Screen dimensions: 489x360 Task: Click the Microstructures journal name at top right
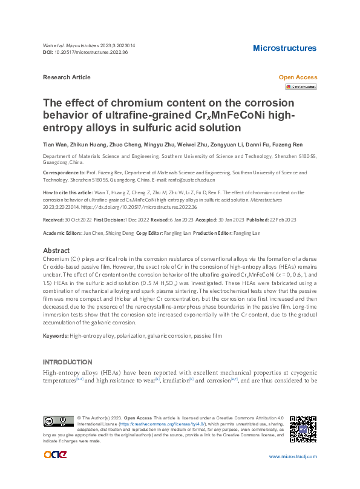point(284,48)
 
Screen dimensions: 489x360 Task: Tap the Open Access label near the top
point(297,77)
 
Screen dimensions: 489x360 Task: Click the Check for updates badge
point(301,87)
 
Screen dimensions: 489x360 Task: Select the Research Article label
point(67,77)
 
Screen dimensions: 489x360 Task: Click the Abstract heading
point(57,251)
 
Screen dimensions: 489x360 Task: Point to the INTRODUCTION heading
point(68,362)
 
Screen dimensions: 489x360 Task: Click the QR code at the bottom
point(303,429)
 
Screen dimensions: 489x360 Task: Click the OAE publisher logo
point(55,455)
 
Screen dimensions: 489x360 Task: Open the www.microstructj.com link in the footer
point(292,456)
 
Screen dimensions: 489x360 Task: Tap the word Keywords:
point(56,336)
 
